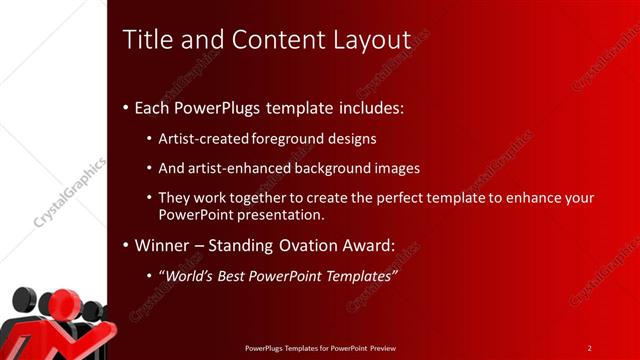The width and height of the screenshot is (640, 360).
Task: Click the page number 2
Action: pos(589,348)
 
